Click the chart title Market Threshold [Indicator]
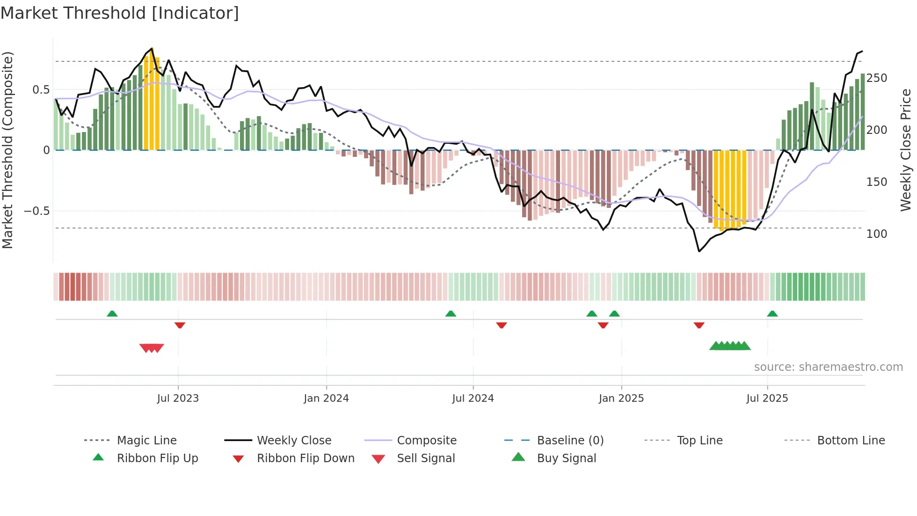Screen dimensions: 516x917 tap(120, 13)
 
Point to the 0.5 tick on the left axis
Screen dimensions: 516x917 tap(41, 89)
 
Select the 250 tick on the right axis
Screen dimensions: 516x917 tap(876, 78)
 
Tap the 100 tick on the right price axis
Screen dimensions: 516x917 tap(876, 234)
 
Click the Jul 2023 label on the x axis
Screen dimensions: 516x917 tap(178, 398)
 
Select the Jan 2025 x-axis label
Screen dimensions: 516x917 tap(621, 398)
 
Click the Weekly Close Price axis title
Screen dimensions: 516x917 tap(906, 150)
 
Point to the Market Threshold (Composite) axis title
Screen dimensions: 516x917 tap(7, 150)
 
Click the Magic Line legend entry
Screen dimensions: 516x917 tap(146, 441)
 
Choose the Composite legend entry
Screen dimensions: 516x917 tap(426, 441)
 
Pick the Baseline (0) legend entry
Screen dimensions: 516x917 tap(570, 441)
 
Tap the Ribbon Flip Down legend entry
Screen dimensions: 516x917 tap(306, 458)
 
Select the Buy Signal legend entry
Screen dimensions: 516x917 tap(566, 458)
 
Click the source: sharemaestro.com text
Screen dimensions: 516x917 tap(828, 367)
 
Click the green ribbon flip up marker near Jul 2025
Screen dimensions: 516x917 tap(772, 314)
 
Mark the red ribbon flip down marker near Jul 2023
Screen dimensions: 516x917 tap(180, 325)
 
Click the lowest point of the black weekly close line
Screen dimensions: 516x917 tap(699, 251)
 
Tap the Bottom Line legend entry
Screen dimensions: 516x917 tap(851, 441)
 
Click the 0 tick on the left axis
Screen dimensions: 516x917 tap(46, 150)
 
